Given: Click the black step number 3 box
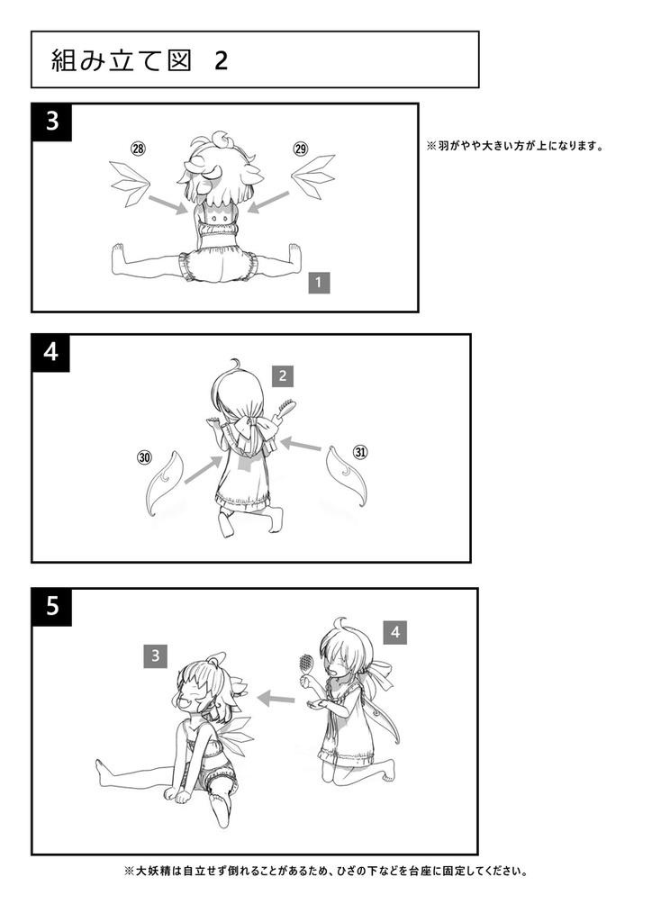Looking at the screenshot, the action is coord(52,122).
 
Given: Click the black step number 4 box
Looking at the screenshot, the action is coord(51,353).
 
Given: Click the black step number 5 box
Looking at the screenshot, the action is coord(52,607).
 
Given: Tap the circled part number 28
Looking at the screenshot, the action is coord(138,149).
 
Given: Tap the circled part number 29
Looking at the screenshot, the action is coord(301,149).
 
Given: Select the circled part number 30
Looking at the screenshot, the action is coord(145,456).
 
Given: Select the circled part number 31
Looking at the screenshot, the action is coord(360,452).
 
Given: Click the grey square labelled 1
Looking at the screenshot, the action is coord(319,282).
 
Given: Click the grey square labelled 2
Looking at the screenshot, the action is coord(283,375).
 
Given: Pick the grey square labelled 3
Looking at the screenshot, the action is coord(155,655).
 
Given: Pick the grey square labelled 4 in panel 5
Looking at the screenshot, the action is coord(395,633).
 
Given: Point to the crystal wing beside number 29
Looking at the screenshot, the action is coord(312,177).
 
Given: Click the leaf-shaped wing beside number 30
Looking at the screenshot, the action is coord(163,484).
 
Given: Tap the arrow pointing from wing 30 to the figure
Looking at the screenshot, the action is coord(204,470).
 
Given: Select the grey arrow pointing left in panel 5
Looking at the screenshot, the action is coord(276,699).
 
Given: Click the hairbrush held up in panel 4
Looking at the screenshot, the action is coord(286,410).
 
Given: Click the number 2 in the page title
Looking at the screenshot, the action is coord(221,60).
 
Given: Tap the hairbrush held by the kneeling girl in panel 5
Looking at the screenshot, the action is coord(306,666).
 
